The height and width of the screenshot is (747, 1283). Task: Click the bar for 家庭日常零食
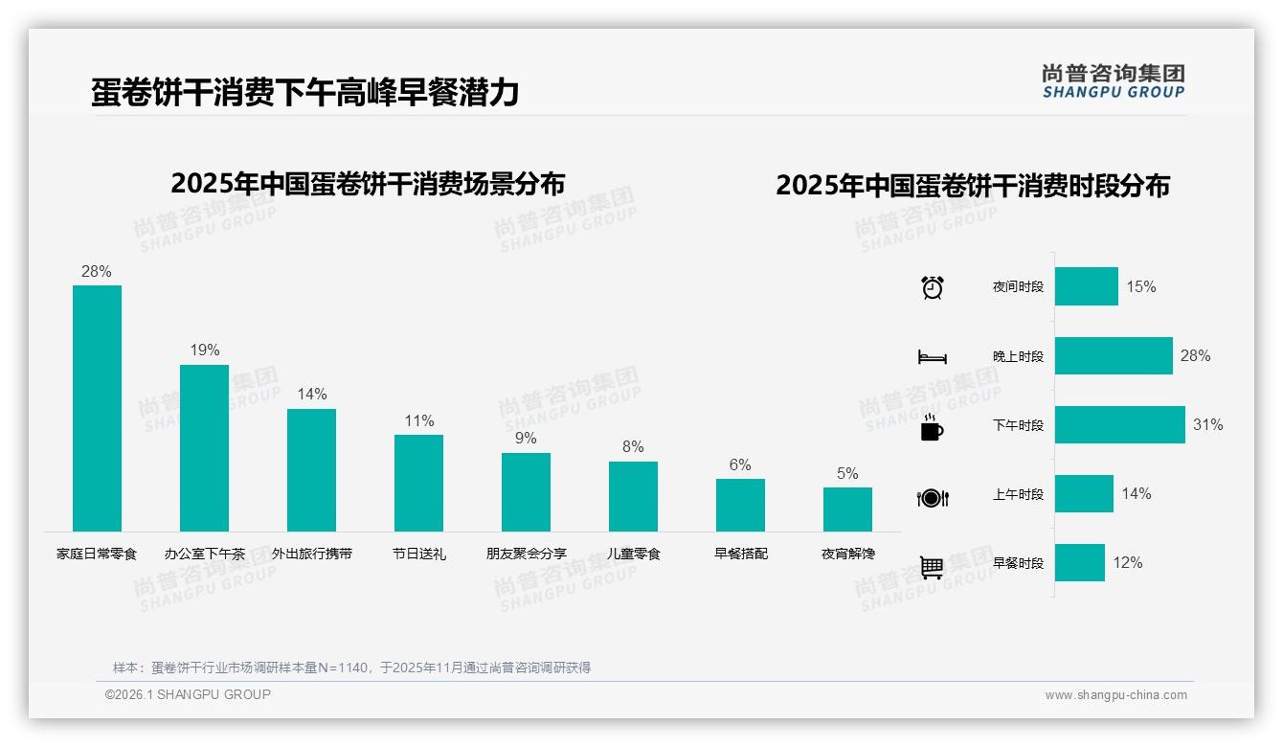(97, 408)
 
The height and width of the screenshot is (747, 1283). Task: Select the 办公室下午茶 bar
(204, 447)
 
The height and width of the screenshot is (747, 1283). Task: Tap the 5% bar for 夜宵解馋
(847, 509)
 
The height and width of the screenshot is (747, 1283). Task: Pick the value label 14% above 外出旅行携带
(312, 394)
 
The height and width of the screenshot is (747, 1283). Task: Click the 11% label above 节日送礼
(419, 420)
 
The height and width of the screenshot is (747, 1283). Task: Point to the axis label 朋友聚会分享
(526, 554)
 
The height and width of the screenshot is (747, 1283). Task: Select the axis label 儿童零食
(633, 554)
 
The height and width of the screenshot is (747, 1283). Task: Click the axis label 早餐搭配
(740, 554)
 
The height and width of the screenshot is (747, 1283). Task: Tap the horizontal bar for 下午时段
(1119, 424)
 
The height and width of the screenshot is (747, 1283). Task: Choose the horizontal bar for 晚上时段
(1114, 355)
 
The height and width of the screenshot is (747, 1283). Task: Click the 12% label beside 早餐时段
(1127, 563)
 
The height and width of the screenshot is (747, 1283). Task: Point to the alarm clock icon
(932, 287)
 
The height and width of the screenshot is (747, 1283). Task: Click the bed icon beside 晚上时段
(932, 357)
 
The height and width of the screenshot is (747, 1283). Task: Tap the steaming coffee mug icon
(932, 427)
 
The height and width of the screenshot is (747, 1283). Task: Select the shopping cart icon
(932, 567)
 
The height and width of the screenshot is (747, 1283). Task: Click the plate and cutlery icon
(932, 497)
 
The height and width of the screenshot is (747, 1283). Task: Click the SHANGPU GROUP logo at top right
(1113, 81)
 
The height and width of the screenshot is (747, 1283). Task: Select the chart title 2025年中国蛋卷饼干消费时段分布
(973, 185)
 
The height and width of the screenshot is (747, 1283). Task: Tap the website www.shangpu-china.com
(1115, 695)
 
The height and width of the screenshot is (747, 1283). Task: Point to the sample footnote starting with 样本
(351, 668)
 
